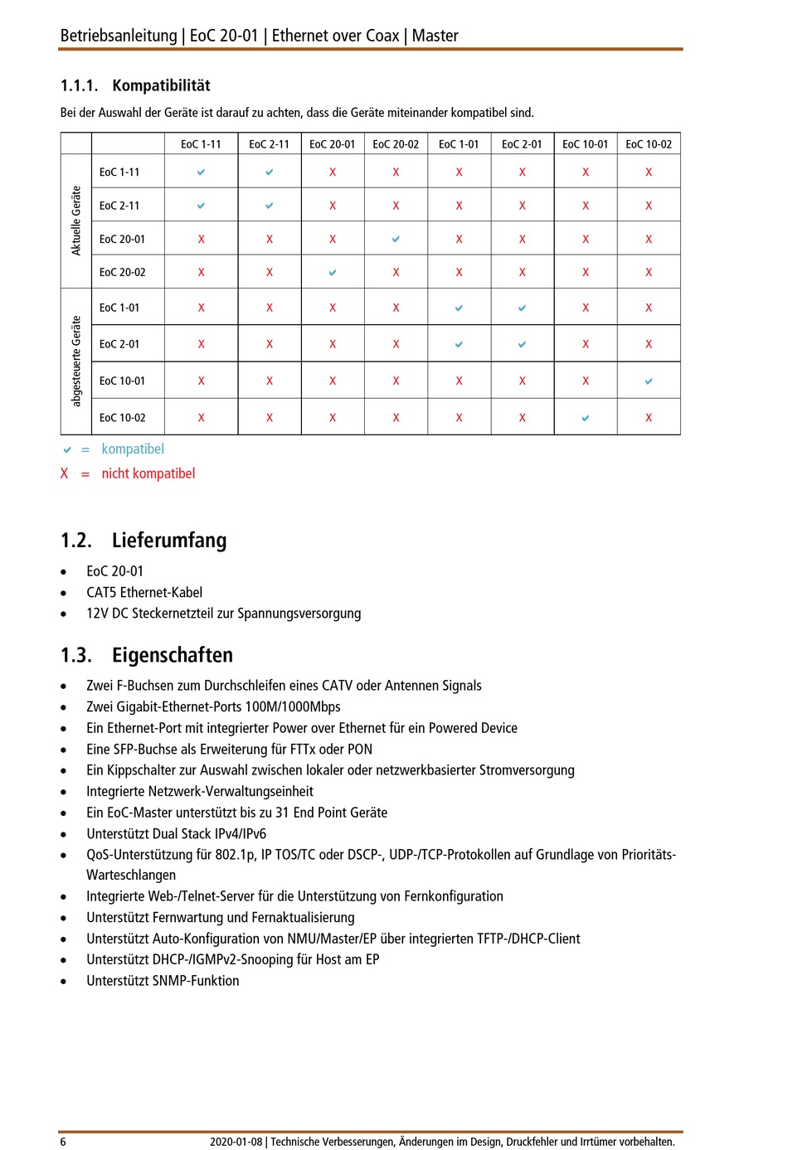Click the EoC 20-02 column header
pos(396,144)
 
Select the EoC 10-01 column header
pos(585,144)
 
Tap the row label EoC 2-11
pos(119,206)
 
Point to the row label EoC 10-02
pos(122,418)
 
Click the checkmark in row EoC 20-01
pos(396,239)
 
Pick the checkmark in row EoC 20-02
pos(333,272)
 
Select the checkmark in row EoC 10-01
pos(649,381)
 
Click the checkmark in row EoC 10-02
pos(586,418)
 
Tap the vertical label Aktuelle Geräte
pos(76,221)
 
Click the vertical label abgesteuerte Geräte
pos(76,361)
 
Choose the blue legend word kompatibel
pos(133,449)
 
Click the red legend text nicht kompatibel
pos(148,473)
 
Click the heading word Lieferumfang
pos(169,541)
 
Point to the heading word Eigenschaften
pos(173,655)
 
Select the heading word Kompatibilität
pos(161,85)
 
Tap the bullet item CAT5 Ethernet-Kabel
pos(144,592)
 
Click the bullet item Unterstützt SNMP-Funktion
pos(163,981)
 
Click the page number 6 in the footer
pos(63,1142)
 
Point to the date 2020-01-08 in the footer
pos(236,1142)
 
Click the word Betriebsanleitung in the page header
pos(119,36)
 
